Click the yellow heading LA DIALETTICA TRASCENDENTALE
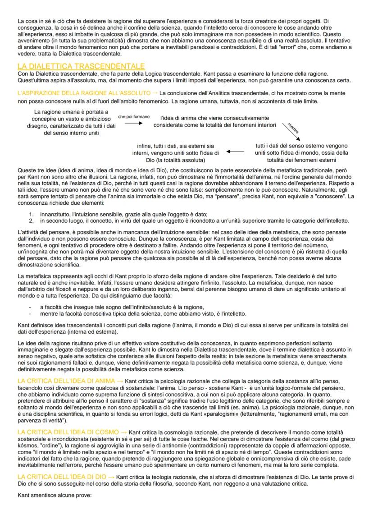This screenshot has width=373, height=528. click(81, 66)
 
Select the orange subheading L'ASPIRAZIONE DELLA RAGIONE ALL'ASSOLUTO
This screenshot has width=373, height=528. click(84, 92)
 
